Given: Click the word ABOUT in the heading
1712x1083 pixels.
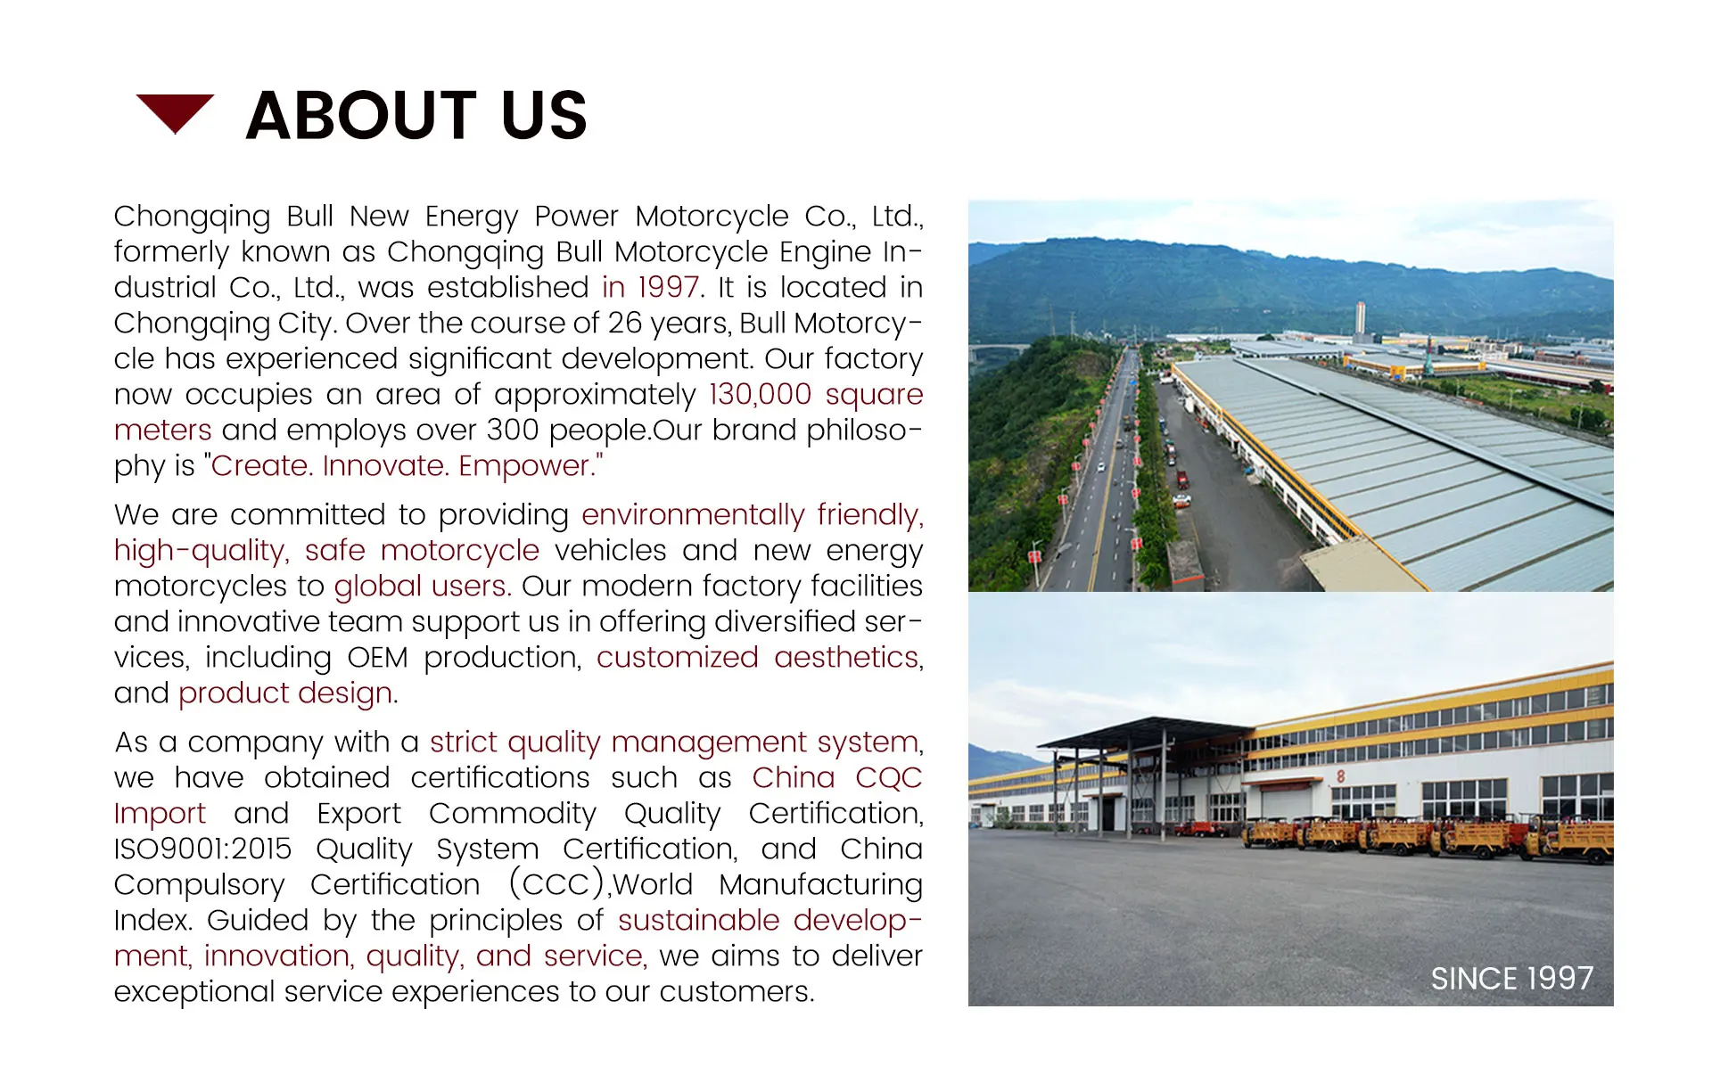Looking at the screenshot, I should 361,116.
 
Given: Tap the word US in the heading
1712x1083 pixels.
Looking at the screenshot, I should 544,116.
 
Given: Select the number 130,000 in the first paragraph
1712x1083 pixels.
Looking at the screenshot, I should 760,395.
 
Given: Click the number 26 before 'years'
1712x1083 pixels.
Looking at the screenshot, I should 625,324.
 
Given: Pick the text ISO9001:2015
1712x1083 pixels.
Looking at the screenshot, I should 202,849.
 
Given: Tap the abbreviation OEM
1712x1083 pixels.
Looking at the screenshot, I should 377,658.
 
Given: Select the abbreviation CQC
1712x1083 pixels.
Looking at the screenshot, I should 888,778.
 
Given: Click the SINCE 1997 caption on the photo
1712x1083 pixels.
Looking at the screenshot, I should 1511,979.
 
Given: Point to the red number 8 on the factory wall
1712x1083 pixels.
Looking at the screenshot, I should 1340,776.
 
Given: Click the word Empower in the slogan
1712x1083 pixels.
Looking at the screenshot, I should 530,466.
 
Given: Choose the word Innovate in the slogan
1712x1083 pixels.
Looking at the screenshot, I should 383,466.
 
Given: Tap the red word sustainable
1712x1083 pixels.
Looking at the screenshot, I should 698,921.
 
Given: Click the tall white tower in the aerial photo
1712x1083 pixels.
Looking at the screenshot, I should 1359,320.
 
